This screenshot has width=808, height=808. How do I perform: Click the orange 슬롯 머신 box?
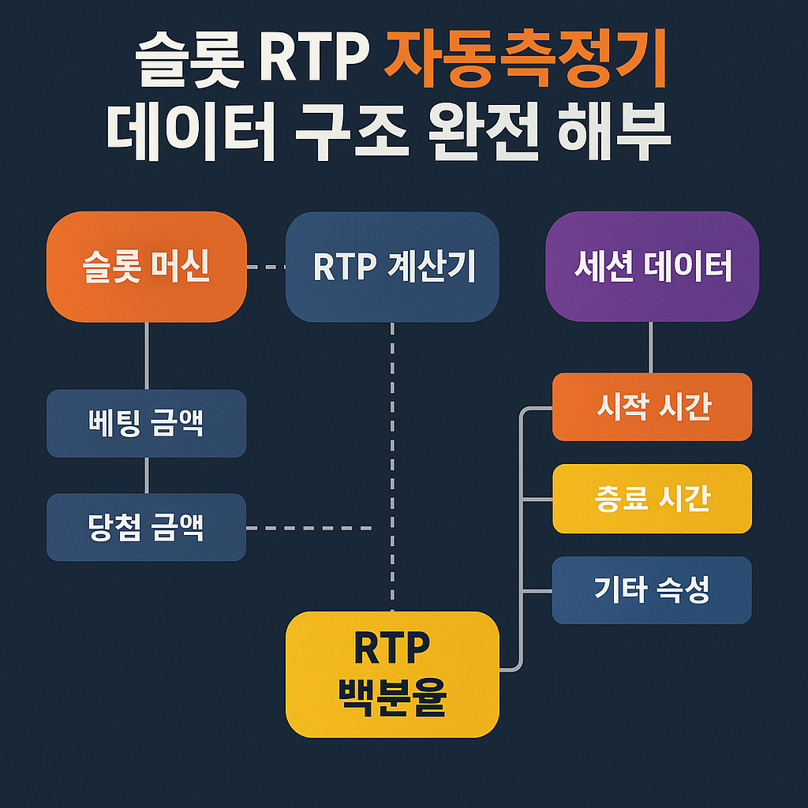[x=146, y=267]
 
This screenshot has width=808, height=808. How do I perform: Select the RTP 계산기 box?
[x=392, y=267]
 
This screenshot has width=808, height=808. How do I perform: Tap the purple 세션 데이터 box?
[x=652, y=267]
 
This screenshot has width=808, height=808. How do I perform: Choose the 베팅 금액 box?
[x=146, y=423]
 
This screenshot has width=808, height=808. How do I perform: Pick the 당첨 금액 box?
[x=146, y=527]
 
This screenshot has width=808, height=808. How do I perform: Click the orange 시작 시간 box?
[x=652, y=406]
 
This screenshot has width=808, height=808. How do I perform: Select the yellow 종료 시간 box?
[x=652, y=499]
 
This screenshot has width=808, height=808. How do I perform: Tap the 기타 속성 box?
[x=652, y=590]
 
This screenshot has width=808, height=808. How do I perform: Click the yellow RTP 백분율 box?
[x=392, y=674]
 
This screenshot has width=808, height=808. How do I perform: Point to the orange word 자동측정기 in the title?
[x=526, y=58]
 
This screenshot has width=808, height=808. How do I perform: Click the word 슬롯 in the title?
[x=189, y=58]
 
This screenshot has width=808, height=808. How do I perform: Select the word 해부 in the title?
[x=614, y=132]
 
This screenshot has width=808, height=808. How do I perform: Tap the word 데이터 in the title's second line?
[x=191, y=132]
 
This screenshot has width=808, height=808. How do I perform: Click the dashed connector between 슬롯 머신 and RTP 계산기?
[x=266, y=267]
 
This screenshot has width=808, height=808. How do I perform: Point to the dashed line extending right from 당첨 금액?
[x=309, y=528]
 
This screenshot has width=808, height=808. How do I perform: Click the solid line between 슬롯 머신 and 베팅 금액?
[x=146, y=356]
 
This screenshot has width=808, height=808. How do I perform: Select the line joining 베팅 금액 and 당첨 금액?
[x=146, y=475]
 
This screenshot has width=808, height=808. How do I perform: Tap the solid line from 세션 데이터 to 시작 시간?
[x=651, y=347]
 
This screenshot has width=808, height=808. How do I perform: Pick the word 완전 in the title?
[x=484, y=132]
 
